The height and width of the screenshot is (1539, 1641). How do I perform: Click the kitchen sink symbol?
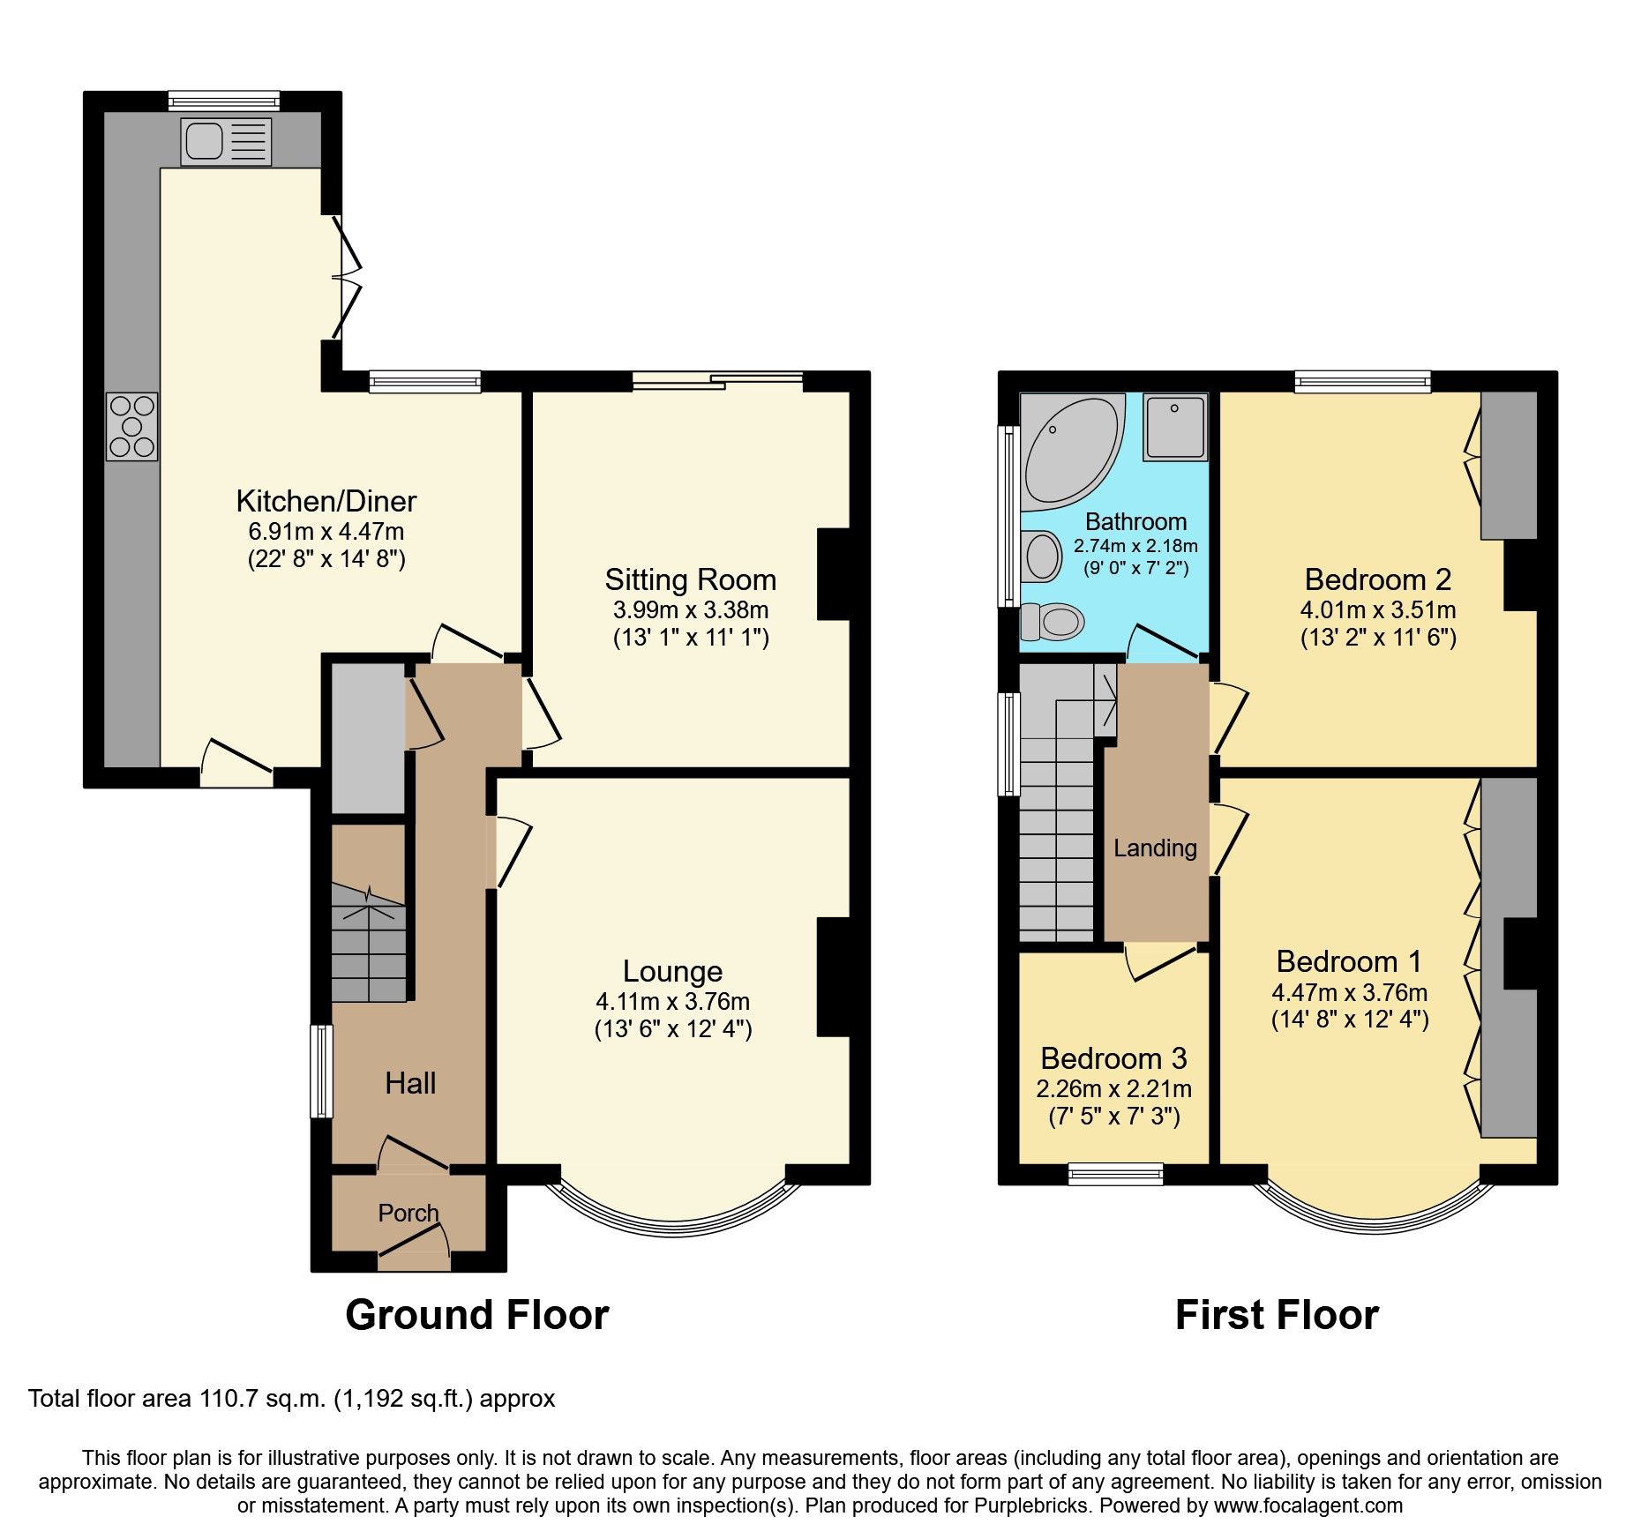(225, 142)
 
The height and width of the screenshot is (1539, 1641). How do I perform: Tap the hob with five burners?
(132, 427)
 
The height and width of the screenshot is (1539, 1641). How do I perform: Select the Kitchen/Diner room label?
(326, 501)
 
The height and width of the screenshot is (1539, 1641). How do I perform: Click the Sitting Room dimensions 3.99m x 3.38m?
(690, 609)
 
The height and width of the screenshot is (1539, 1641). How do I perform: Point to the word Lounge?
(672, 971)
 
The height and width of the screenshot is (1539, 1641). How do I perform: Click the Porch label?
(408, 1213)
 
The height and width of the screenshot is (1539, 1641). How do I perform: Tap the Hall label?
(410, 1083)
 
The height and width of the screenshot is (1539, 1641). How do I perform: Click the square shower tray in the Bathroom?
(1175, 427)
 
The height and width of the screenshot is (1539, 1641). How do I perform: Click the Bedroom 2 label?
(1377, 579)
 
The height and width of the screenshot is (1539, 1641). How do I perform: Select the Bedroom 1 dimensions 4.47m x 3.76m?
(1349, 992)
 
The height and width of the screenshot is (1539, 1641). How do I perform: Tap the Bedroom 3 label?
(1113, 1058)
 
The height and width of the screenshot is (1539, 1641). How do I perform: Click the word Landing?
(1155, 848)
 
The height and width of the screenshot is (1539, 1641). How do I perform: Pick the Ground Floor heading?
(476, 1315)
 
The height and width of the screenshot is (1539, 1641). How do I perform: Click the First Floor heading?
(1277, 1315)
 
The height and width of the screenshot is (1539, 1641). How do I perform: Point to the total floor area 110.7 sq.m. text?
(291, 1399)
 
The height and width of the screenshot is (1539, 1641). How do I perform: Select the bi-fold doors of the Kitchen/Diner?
(346, 278)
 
